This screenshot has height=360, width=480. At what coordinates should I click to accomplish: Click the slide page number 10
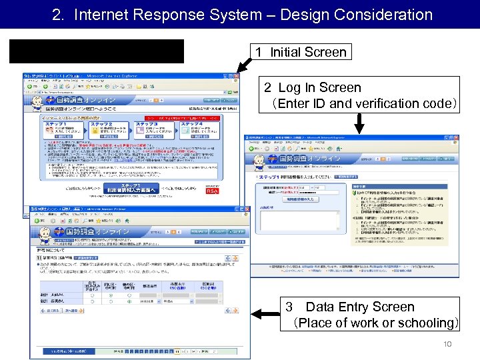(447, 344)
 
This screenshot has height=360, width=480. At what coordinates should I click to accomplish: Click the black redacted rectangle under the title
(97, 51)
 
